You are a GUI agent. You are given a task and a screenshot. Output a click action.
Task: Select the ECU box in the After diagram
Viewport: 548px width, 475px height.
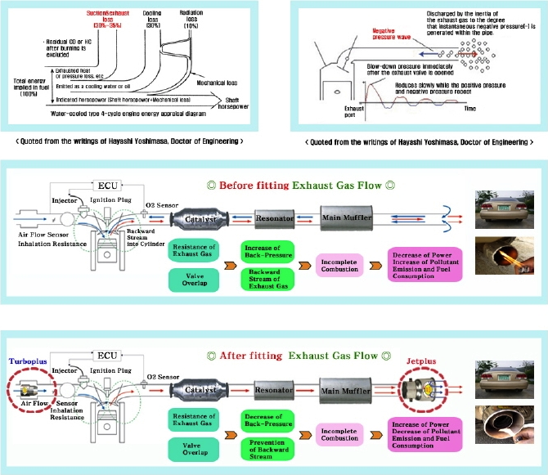click(x=113, y=356)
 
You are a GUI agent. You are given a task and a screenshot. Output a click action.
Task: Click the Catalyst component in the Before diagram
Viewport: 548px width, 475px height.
click(x=196, y=220)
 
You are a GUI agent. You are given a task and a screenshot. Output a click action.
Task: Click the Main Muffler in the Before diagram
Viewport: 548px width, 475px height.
click(x=348, y=218)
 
